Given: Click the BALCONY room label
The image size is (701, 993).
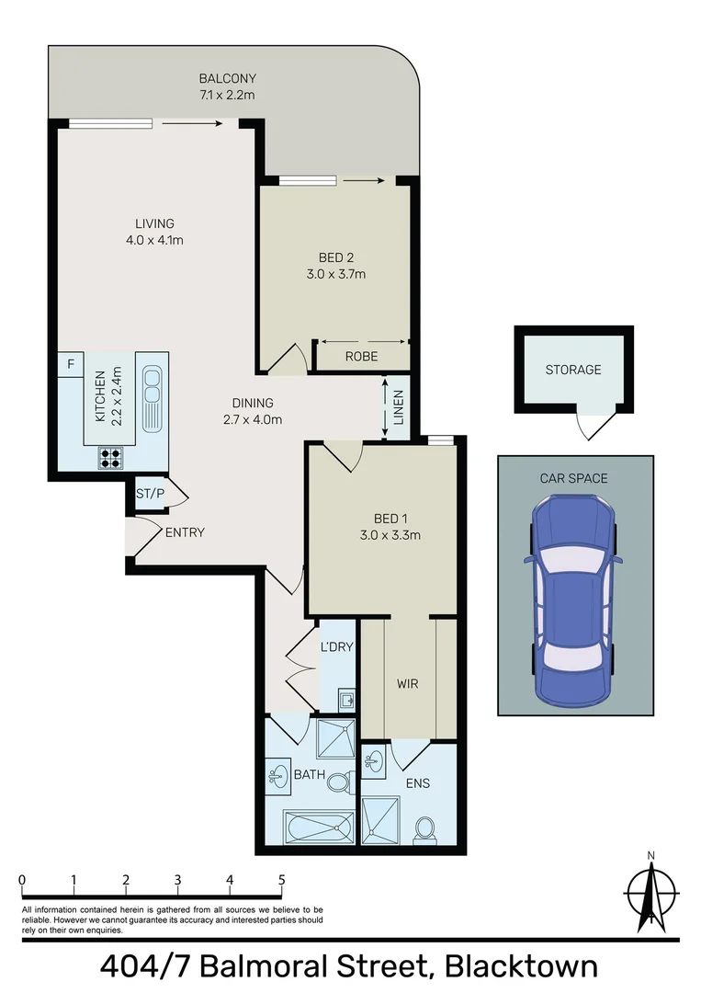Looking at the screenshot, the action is [x=227, y=78].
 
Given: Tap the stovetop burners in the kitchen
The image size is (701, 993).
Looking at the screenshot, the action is [x=110, y=458].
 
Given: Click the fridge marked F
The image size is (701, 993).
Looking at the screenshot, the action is [x=71, y=364].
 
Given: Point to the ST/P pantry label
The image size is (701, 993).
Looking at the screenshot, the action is [x=150, y=494].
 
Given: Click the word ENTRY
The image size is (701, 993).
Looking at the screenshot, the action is [x=185, y=532].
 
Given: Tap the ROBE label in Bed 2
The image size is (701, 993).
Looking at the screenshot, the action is [x=361, y=357].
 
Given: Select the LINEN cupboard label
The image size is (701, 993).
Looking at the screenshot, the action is [x=398, y=407].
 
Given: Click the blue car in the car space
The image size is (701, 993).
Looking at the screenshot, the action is [x=574, y=601].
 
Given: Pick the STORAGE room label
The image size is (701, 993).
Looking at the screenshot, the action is [x=573, y=370].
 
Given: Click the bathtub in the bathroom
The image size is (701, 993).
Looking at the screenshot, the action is [x=319, y=827].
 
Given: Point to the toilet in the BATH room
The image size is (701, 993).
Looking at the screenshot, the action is [x=340, y=781].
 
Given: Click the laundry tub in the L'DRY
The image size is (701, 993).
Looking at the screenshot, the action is [x=346, y=699].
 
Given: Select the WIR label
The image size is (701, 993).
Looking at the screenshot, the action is [x=407, y=684].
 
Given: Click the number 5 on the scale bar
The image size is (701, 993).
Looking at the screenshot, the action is [x=281, y=880].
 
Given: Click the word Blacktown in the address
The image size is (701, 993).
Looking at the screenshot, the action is [x=522, y=967].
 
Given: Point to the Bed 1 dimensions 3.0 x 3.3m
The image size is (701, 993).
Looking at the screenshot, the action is [x=390, y=535].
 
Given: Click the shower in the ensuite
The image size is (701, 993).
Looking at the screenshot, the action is [x=381, y=820].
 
